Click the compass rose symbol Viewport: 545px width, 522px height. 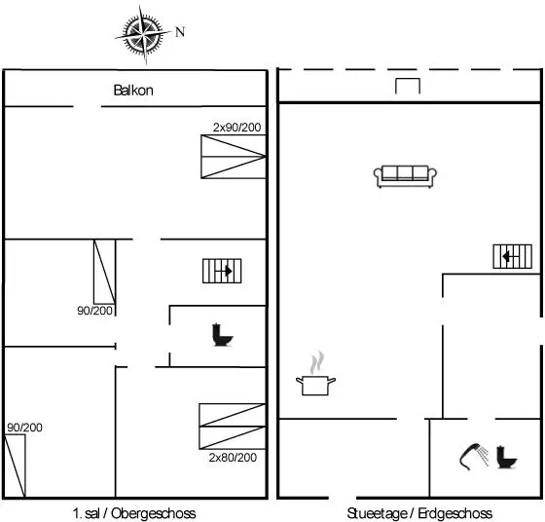pyautogui.click(x=144, y=34)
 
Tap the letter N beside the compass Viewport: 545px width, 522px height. pyautogui.click(x=180, y=32)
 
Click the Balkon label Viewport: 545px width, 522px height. pyautogui.click(x=133, y=91)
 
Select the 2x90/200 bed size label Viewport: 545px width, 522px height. pyautogui.click(x=237, y=128)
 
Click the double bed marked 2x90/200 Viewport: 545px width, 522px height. pyautogui.click(x=234, y=157)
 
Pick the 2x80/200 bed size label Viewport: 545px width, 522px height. pyautogui.click(x=233, y=457)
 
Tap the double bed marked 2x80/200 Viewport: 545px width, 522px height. pyautogui.click(x=233, y=427)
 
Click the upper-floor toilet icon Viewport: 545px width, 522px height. pyautogui.click(x=222, y=335)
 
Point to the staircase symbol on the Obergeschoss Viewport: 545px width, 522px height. pyautogui.click(x=222, y=271)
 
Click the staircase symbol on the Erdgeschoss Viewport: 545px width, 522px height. pyautogui.click(x=512, y=257)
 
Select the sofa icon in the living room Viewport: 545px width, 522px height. pyautogui.click(x=405, y=176)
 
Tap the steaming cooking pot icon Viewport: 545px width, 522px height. pyautogui.click(x=315, y=374)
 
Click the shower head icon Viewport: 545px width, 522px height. pyautogui.click(x=474, y=457)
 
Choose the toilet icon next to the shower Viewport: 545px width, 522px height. pyautogui.click(x=507, y=457)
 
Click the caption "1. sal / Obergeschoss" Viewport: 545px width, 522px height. pyautogui.click(x=134, y=513)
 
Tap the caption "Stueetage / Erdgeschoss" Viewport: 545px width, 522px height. pyautogui.click(x=419, y=513)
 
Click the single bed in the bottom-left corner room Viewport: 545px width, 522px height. pyautogui.click(x=15, y=466)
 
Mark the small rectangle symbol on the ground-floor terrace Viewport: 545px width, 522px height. pyautogui.click(x=408, y=86)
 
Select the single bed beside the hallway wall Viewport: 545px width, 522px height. pyautogui.click(x=105, y=272)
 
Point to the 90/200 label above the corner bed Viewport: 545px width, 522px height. pyautogui.click(x=24, y=428)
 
